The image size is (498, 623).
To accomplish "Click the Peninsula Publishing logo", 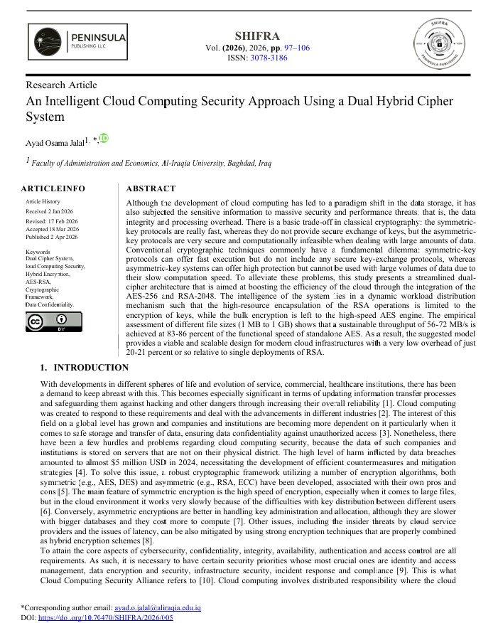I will pos(77,41).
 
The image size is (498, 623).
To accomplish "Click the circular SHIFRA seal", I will pos(443,44).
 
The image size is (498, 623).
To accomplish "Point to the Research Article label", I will pos(61,85).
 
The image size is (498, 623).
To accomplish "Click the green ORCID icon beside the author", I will pos(104,138).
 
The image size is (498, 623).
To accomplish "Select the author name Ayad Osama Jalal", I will pos(55,143).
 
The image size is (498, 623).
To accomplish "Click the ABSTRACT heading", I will pos(150,188).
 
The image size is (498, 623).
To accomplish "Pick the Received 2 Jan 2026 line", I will pos(49,212).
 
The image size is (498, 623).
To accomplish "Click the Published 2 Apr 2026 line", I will pos(51,237).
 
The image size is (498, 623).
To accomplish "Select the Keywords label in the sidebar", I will pos(38,252).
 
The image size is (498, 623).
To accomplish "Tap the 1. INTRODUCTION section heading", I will pos(85,368).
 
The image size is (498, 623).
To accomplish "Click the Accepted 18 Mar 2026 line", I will pos(52,229).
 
